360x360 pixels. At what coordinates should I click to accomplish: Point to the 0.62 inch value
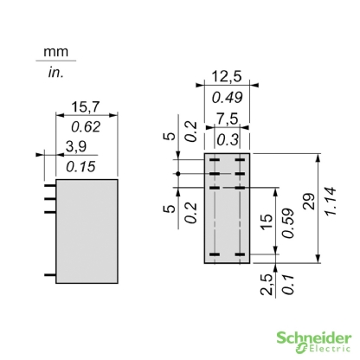tap(84, 125)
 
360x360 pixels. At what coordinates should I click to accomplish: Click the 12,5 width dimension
tap(228, 76)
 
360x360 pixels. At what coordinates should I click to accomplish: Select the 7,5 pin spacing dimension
tap(228, 118)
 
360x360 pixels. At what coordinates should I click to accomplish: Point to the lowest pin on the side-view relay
tap(49, 274)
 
